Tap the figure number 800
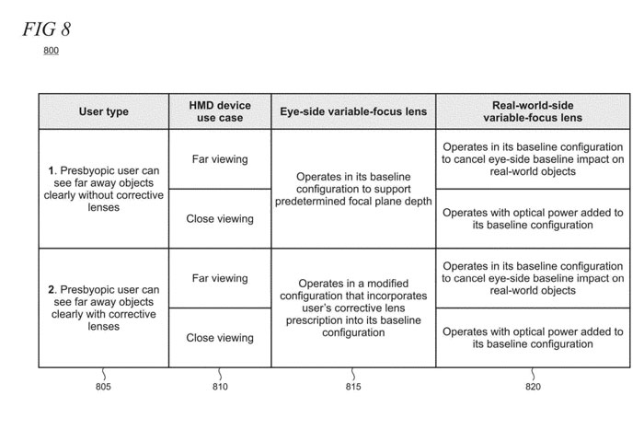[52, 51]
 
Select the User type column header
[103, 111]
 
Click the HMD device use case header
[220, 111]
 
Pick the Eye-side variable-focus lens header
[353, 111]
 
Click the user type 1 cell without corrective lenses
[103, 189]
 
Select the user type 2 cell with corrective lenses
[103, 308]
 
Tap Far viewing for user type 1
[220, 159]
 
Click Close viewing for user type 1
[220, 218]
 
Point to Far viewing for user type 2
[220, 278]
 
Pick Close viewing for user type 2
[220, 338]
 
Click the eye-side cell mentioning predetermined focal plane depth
[353, 189]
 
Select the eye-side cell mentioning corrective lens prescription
[353, 308]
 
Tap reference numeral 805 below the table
[103, 387]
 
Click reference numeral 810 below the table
[220, 387]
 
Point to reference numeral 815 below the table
[353, 387]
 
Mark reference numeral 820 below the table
[533, 387]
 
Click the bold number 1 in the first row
[51, 171]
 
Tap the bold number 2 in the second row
[51, 290]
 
